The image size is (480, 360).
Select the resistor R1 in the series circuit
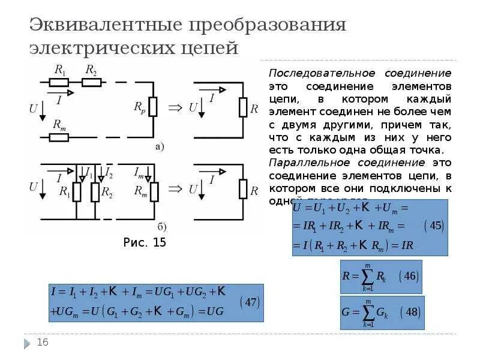59,82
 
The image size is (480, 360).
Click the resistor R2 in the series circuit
91,82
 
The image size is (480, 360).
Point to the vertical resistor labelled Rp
153,107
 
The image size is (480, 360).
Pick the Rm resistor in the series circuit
59,137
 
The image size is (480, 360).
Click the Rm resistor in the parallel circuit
154,192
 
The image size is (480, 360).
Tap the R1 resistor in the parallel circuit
77,192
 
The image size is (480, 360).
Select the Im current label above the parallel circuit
139,173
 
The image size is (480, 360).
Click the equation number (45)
433,226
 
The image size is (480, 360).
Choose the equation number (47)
250,302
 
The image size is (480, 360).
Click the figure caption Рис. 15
145,242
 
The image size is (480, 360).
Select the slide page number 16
43,342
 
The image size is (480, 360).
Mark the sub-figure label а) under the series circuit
160,146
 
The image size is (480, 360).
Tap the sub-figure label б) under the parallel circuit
162,226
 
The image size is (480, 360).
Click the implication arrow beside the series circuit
175,107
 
